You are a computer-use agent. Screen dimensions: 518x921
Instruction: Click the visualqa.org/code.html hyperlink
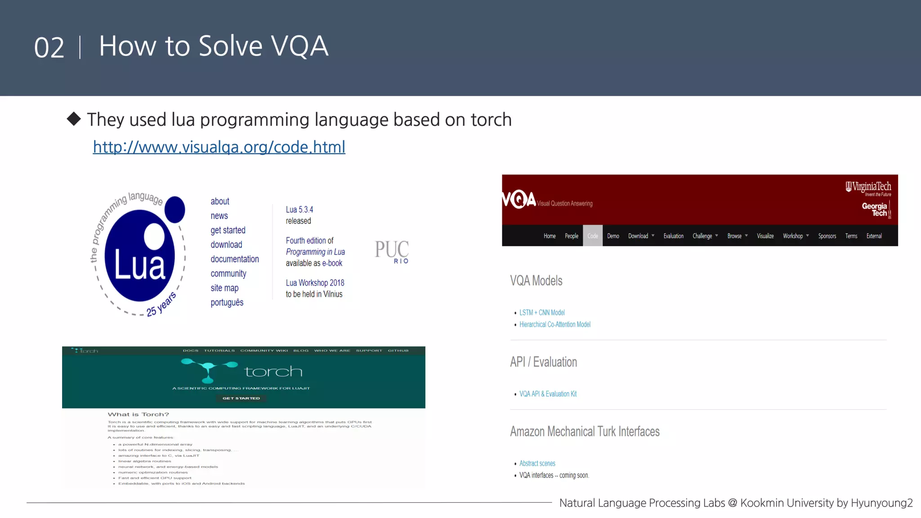pos(219,147)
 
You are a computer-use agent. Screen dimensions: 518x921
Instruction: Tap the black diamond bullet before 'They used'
pos(74,119)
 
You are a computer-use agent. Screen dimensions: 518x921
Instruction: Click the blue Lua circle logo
pos(139,255)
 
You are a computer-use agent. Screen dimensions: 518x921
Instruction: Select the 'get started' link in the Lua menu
pos(228,230)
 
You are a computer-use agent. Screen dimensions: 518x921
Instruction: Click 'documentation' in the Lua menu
pos(235,259)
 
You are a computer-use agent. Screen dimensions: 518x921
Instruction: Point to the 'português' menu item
pos(227,302)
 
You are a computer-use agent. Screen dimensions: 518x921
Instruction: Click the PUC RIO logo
pos(392,251)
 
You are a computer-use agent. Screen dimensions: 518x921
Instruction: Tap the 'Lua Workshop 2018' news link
pos(315,283)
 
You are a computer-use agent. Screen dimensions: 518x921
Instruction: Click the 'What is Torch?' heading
pos(139,415)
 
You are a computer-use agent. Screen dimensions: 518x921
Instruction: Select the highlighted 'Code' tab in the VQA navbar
pos(593,236)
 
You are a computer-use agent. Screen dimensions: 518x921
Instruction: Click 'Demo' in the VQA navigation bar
pos(613,236)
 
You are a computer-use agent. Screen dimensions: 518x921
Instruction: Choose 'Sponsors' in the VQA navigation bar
pos(827,236)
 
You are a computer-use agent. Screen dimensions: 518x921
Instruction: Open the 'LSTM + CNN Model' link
pos(542,313)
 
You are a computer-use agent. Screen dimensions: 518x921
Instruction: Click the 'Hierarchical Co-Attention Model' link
pos(555,325)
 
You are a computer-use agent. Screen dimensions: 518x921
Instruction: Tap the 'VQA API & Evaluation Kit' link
pos(548,394)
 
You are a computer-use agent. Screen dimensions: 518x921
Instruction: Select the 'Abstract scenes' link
pos(537,464)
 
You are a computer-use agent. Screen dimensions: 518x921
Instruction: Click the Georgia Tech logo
pos(876,210)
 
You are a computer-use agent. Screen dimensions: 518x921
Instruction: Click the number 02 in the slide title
pos(49,48)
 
